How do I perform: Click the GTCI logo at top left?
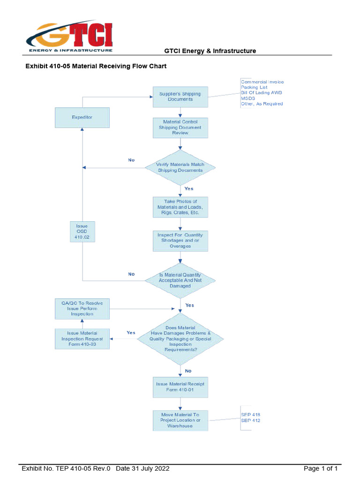click(69, 37)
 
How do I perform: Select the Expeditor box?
click(82, 118)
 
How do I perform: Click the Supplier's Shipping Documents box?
click(180, 97)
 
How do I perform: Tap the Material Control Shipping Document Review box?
click(180, 127)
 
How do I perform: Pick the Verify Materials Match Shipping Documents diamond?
click(180, 167)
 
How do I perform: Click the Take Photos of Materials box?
click(180, 207)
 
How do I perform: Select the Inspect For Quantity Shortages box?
click(180, 240)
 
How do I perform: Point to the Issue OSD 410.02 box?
click(82, 232)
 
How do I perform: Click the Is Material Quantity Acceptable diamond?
click(180, 280)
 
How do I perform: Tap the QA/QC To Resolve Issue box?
click(82, 308)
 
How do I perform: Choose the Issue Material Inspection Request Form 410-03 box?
click(82, 339)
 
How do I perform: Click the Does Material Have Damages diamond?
click(180, 338)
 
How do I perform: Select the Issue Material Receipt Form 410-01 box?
click(180, 387)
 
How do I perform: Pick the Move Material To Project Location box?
click(180, 420)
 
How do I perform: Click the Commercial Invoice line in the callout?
click(262, 82)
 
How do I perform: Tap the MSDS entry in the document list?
click(248, 98)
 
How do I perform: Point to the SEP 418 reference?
click(250, 415)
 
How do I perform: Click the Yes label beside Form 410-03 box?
click(131, 333)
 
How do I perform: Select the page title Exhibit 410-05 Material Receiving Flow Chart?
click(96, 66)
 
